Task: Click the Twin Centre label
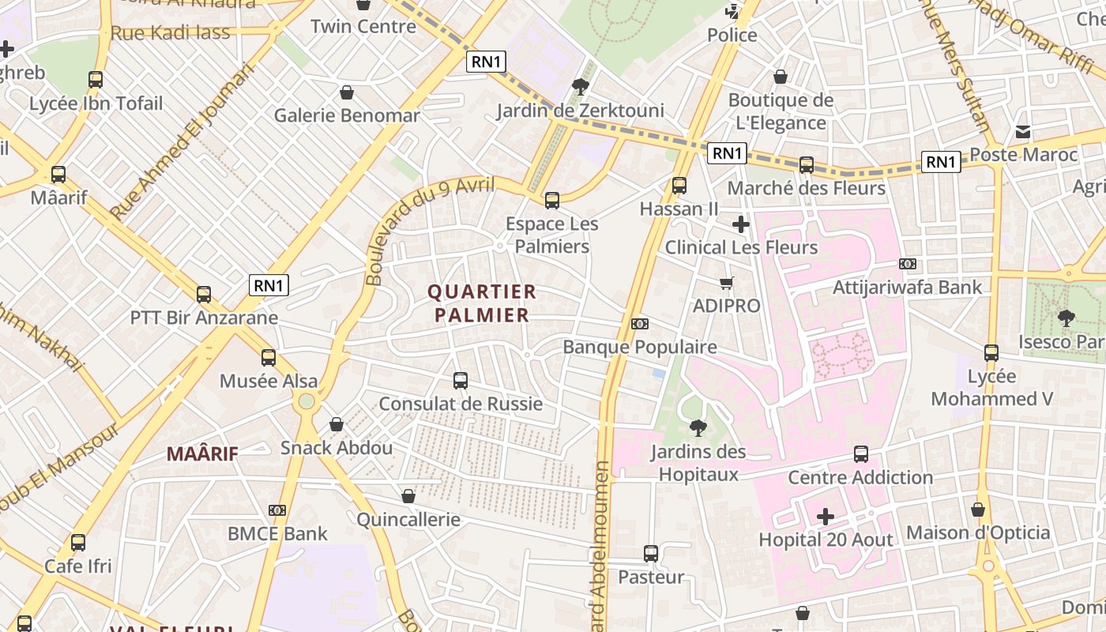point(363,26)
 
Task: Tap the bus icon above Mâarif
point(58,175)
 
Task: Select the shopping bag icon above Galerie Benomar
point(346,92)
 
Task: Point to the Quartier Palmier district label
point(481,303)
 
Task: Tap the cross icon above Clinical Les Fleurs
point(740,225)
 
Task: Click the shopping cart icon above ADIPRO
point(727,283)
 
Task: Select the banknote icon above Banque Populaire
point(640,324)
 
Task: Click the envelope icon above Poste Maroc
point(1023,132)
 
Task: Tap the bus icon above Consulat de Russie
point(461,381)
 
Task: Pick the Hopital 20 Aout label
point(826,540)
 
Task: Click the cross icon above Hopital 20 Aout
point(826,517)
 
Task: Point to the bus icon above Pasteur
point(651,554)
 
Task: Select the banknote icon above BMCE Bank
point(276,510)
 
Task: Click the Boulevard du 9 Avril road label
point(431,229)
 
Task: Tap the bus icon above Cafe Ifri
point(78,543)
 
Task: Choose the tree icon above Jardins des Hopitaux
point(698,428)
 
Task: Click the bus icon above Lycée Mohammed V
point(991,353)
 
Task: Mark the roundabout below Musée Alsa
point(307,401)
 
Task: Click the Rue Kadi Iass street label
point(171,33)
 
